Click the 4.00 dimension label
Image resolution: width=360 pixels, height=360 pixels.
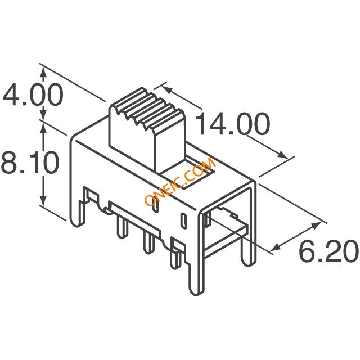tap(33, 95)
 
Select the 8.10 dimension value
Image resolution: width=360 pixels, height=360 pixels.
tap(30, 162)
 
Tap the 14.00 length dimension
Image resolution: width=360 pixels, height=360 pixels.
tap(232, 124)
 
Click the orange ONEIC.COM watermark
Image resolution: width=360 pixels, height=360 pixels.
tap(181, 181)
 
